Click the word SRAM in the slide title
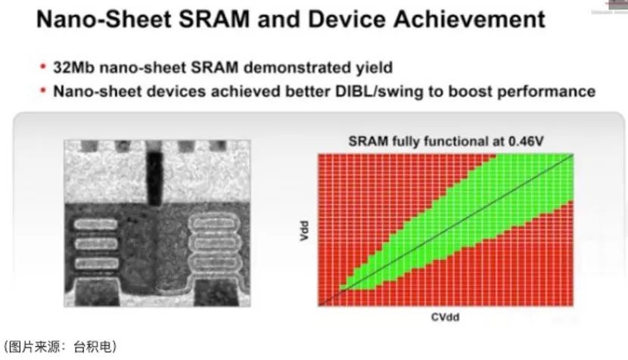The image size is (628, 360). coord(214,19)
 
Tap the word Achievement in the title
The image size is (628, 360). coord(469,19)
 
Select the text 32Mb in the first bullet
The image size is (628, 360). coord(74,67)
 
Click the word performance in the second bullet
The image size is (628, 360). coord(546,92)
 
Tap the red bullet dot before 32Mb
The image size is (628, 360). coord(43,67)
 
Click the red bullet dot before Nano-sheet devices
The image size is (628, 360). coord(43,91)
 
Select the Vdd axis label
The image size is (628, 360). coord(304,231)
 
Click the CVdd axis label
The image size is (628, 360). coord(446,317)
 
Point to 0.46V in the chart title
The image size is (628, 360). coord(526,141)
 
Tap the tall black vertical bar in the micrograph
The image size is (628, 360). coord(154,178)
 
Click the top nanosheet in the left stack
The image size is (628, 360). coord(95,225)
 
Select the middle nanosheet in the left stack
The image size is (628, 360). coord(96,244)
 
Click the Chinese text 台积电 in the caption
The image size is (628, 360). coord(93,346)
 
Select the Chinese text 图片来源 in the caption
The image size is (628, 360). coord(35,346)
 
